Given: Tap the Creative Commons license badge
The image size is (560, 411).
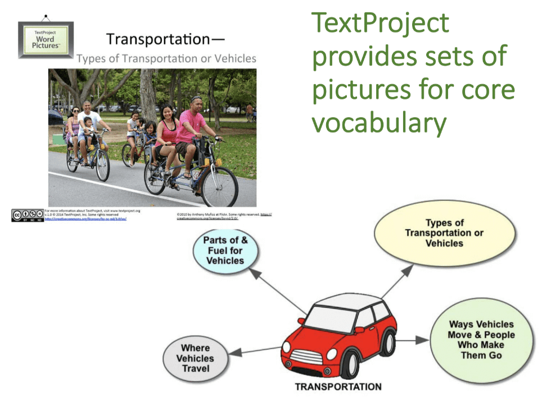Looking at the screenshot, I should (27, 215).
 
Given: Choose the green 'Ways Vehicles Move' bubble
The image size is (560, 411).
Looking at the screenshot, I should (481, 340).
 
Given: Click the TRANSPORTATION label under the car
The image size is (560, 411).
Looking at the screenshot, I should (338, 387).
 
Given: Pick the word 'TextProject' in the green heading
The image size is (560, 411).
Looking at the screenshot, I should (381, 24).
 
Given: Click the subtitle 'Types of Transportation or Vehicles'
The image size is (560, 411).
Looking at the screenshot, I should (166, 58).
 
